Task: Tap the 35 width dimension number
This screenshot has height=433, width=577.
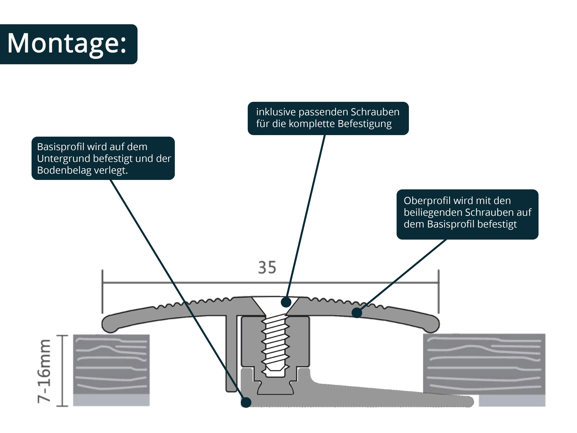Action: click(x=267, y=267)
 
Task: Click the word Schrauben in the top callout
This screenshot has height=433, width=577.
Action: click(x=375, y=112)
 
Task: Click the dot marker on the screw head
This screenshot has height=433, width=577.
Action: click(x=286, y=302)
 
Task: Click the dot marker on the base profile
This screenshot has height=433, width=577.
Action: click(x=246, y=402)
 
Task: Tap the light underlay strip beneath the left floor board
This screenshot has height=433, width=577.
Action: click(x=111, y=400)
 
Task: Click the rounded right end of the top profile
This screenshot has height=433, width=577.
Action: click(x=432, y=324)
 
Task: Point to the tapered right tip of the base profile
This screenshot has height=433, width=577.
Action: click(x=467, y=401)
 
